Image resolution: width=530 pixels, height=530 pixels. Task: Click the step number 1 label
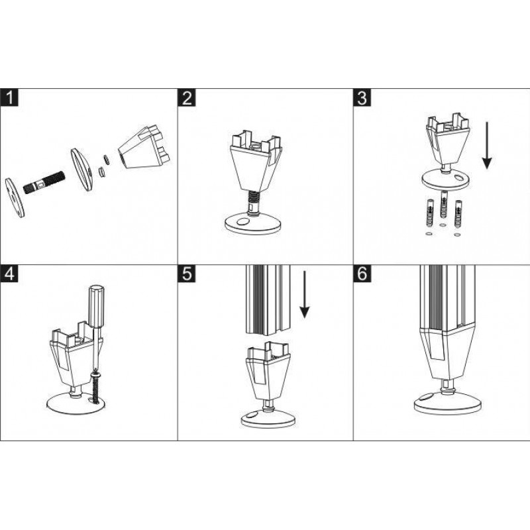pyautogui.click(x=9, y=97)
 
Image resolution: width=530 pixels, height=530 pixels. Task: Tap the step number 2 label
pyautogui.click(x=187, y=97)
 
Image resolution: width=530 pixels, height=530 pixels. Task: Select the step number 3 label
pyautogui.click(x=362, y=97)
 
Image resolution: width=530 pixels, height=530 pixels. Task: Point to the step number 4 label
pyautogui.click(x=9, y=274)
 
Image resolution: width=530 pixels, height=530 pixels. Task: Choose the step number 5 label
pyautogui.click(x=187, y=274)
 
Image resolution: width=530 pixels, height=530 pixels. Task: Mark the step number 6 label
pyautogui.click(x=362, y=274)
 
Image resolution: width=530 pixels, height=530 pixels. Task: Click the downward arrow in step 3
pyautogui.click(x=487, y=146)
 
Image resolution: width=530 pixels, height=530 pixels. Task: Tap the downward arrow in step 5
pyautogui.click(x=305, y=294)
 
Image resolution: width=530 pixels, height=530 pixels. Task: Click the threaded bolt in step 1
pyautogui.click(x=44, y=183)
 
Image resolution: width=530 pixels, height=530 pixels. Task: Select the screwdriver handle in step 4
pyautogui.click(x=97, y=305)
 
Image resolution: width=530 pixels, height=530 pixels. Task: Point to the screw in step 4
pyautogui.click(x=95, y=387)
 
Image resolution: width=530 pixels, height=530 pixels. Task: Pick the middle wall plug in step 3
pyautogui.click(x=443, y=204)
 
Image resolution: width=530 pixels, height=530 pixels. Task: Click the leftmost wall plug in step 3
pyautogui.click(x=429, y=213)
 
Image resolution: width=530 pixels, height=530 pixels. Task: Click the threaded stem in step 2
pyautogui.click(x=254, y=201)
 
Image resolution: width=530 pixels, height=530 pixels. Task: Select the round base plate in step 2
pyautogui.click(x=253, y=225)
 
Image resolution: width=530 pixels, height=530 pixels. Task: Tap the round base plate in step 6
pyautogui.click(x=448, y=403)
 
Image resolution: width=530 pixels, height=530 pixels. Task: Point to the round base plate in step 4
pyautogui.click(x=76, y=403)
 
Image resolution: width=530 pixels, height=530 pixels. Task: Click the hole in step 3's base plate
pyautogui.click(x=460, y=178)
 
